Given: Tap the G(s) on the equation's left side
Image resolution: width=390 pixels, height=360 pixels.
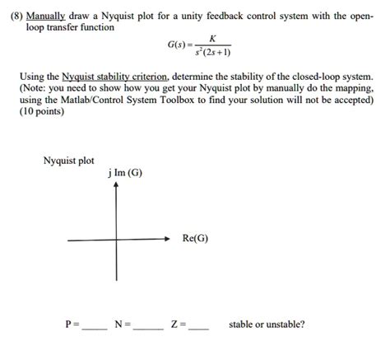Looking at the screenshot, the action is [179, 43].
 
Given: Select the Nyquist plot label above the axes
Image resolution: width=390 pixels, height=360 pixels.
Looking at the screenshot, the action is [69, 161].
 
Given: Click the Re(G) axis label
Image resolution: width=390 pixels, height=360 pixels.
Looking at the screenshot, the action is [196, 240].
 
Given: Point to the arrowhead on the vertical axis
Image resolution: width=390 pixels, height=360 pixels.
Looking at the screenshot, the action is [116, 186].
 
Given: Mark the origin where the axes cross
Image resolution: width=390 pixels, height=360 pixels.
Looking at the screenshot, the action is [116, 240].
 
